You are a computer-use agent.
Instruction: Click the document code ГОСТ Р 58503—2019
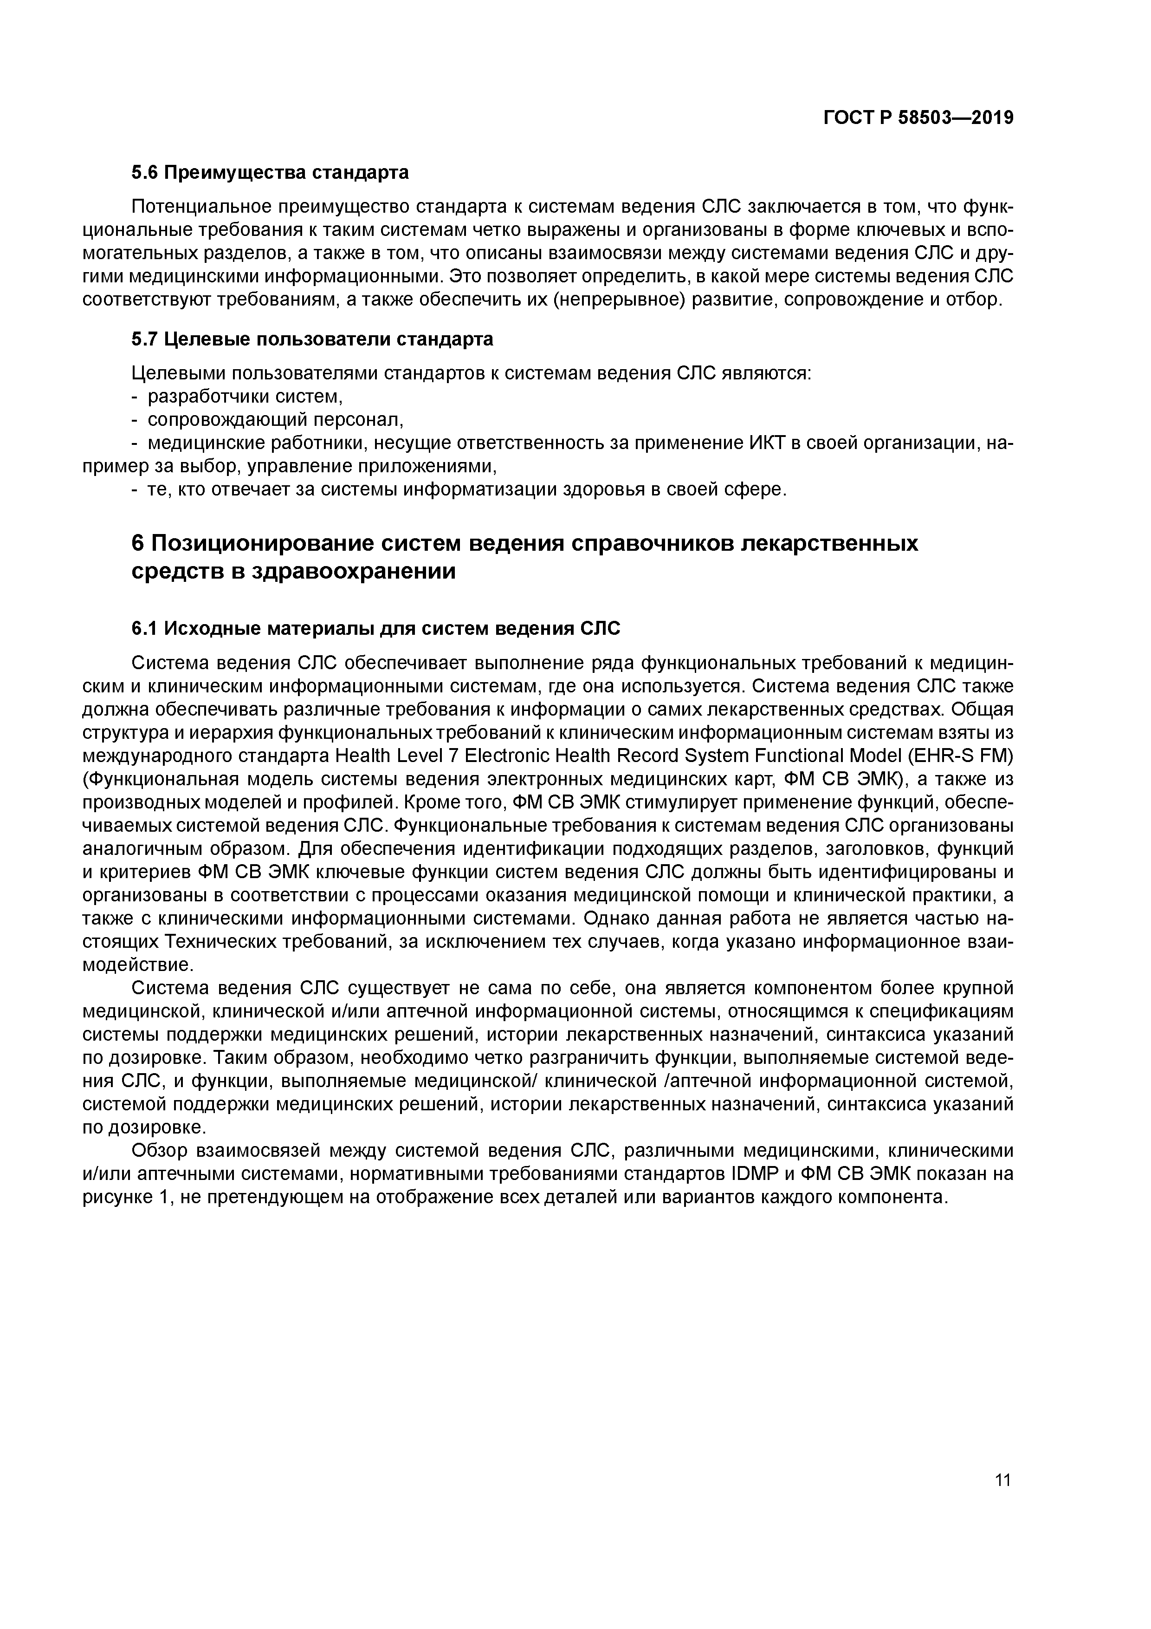tap(918, 118)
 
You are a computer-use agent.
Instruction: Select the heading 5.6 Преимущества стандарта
tap(270, 172)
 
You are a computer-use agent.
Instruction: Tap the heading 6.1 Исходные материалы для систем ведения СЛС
tap(376, 629)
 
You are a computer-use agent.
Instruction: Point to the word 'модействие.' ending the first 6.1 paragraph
tap(128, 965)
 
